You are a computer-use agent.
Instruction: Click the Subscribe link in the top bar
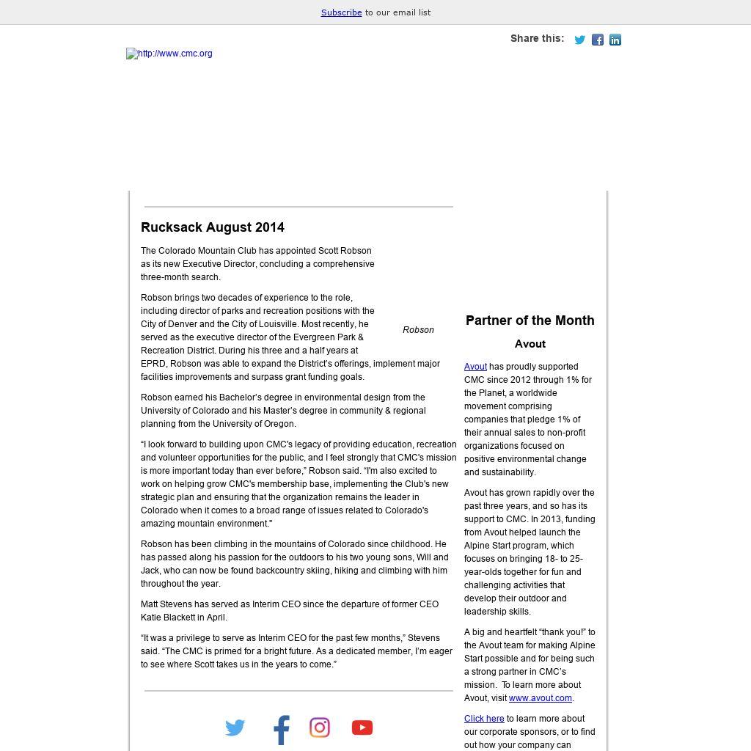[341, 12]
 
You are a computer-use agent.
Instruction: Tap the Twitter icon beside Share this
[579, 40]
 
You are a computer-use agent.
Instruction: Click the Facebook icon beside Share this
[598, 40]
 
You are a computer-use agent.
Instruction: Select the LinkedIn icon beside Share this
[615, 40]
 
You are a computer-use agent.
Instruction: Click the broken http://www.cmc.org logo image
[169, 54]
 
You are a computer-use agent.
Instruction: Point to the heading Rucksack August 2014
[213, 227]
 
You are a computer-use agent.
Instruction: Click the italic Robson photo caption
[418, 330]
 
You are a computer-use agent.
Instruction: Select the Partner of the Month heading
[530, 320]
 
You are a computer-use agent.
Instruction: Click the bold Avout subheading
[530, 344]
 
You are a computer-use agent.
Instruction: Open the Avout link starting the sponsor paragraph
[475, 367]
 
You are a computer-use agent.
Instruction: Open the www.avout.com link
[540, 698]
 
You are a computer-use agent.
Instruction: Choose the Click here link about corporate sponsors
[484, 719]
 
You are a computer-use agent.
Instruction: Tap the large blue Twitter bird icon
[235, 728]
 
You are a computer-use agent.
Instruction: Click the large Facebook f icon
[282, 730]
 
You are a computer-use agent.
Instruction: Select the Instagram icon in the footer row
[320, 728]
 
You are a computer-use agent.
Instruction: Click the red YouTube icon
[362, 728]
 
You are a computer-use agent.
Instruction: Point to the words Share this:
[537, 38]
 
